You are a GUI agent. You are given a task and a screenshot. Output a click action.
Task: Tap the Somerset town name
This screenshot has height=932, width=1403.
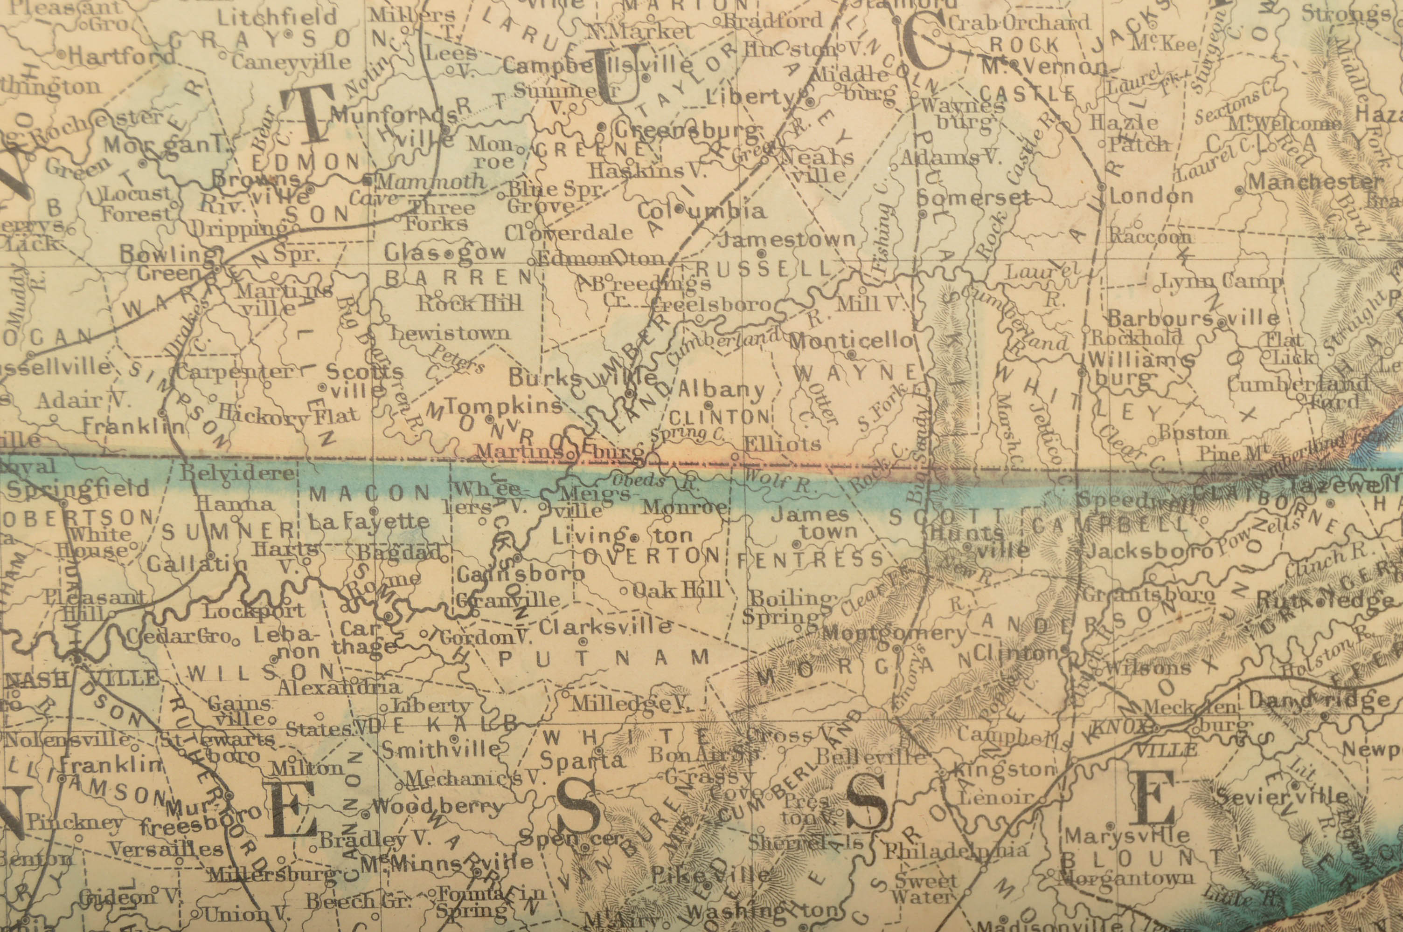973,198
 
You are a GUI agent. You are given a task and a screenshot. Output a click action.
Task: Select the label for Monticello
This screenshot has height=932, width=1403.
850,341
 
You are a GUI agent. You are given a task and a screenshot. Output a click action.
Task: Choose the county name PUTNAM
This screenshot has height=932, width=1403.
603,658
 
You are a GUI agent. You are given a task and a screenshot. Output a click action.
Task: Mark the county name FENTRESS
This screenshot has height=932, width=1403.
811,559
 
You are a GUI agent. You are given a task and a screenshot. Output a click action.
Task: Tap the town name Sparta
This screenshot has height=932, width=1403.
582,761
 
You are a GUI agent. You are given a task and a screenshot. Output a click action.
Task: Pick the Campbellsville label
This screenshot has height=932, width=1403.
597,65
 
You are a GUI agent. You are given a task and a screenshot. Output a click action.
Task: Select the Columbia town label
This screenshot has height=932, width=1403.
701,211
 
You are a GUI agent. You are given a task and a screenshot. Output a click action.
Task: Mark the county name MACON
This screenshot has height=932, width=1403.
369,493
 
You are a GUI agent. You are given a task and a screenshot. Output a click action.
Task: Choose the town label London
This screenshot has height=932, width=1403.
1151,196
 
